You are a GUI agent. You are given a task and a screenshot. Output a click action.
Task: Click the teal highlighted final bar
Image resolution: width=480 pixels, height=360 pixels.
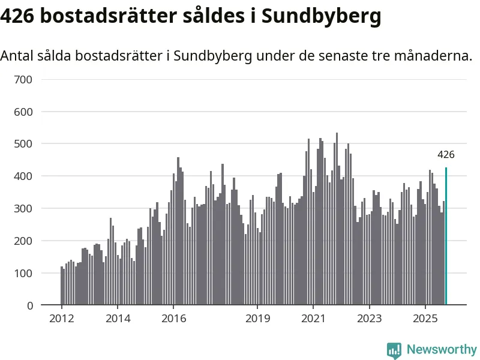click(x=446, y=236)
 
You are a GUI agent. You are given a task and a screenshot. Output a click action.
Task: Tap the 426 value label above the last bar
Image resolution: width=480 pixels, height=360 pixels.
click(x=446, y=155)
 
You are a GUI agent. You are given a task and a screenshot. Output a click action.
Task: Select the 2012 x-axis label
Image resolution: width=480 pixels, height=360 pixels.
click(x=62, y=319)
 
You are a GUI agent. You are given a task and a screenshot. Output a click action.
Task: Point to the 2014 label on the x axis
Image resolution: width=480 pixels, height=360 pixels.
click(x=118, y=319)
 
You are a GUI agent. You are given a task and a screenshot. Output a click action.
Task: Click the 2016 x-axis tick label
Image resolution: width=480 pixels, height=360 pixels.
click(x=173, y=319)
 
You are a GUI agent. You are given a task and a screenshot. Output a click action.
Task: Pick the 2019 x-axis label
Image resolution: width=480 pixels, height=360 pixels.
click(x=257, y=319)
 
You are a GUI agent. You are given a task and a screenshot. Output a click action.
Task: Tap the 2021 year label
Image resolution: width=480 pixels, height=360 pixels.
click(x=313, y=319)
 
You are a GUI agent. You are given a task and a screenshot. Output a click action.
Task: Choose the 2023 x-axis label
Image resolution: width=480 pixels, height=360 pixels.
click(x=369, y=319)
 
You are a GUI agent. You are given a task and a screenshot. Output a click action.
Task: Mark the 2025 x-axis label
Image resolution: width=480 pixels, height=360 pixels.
click(x=425, y=319)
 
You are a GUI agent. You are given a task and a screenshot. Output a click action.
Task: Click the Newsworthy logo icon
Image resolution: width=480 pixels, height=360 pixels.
click(x=394, y=350)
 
